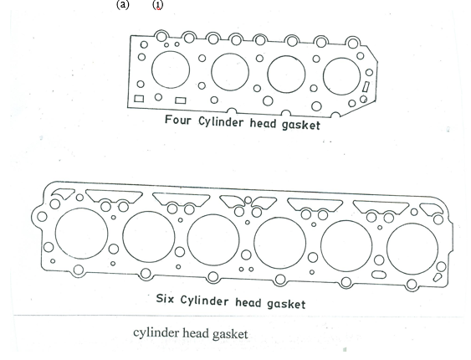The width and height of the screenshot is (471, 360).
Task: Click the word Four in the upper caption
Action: click(x=178, y=120)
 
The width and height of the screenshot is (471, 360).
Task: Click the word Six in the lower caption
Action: click(x=165, y=299)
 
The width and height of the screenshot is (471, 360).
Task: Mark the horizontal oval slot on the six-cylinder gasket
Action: click(x=379, y=275)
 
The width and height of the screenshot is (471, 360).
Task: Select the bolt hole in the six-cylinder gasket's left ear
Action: click(x=42, y=216)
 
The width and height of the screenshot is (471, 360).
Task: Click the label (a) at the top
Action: click(x=122, y=5)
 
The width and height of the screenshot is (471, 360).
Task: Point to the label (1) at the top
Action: click(x=158, y=5)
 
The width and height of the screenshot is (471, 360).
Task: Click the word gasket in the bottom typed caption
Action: click(x=230, y=334)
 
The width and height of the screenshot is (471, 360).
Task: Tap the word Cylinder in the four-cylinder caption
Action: click(x=221, y=122)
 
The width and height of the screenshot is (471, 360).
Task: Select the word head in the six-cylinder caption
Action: click(x=248, y=302)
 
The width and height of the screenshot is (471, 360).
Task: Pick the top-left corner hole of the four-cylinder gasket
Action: click(x=144, y=44)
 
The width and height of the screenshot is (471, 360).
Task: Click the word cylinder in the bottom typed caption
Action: click(x=156, y=333)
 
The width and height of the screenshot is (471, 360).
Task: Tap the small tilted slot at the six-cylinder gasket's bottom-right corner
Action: click(x=437, y=277)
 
